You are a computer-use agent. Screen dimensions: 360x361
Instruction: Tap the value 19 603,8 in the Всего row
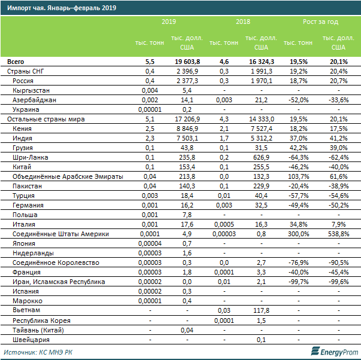[187, 62]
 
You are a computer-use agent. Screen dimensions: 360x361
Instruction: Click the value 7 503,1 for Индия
[187, 138]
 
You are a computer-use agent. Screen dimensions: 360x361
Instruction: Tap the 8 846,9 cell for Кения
[187, 129]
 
